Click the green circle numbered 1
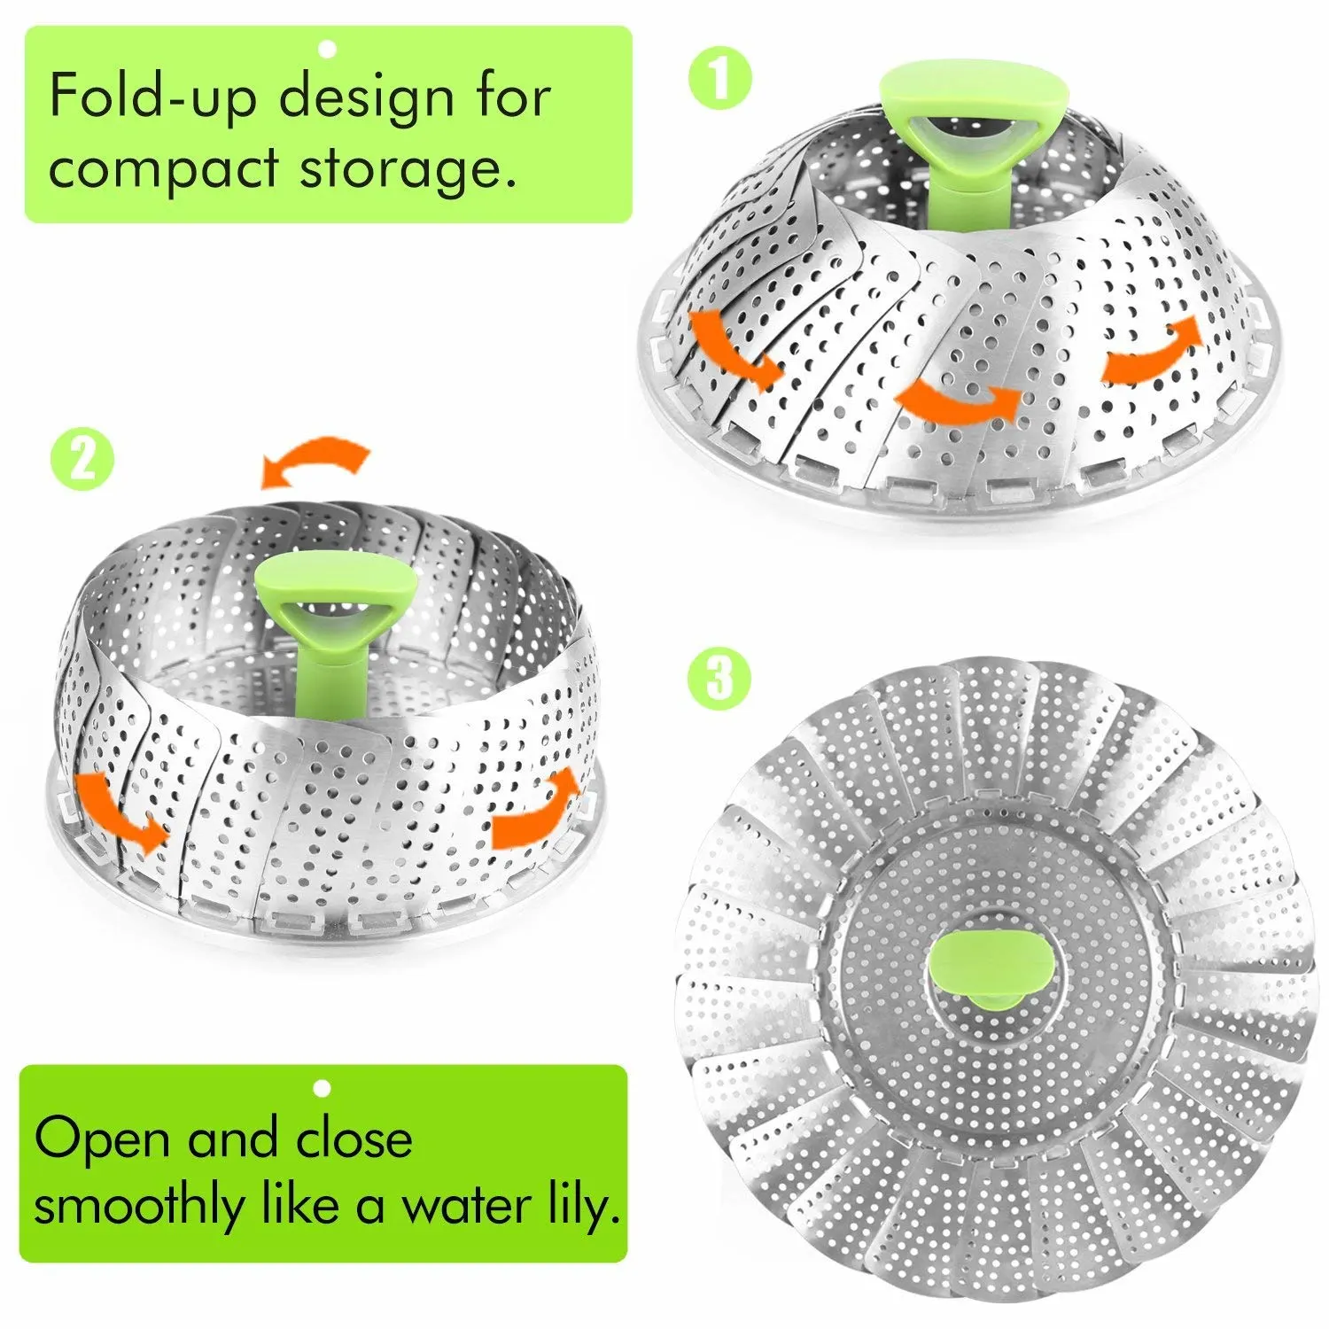point(720,79)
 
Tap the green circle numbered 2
point(82,458)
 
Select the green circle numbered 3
point(719,679)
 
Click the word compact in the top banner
point(164,169)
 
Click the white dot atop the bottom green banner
point(323,1087)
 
